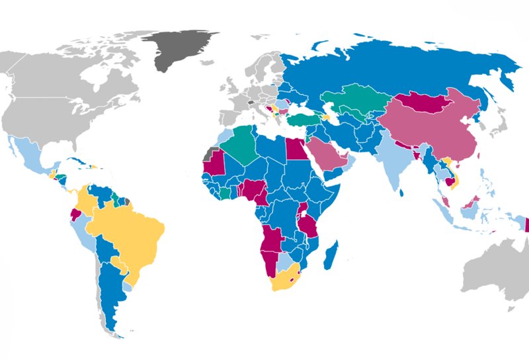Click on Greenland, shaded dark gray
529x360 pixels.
180,50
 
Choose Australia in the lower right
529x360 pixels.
496,271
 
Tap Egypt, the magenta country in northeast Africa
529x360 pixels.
295,149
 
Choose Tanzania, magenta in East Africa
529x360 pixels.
307,225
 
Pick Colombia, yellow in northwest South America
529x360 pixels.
86,201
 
